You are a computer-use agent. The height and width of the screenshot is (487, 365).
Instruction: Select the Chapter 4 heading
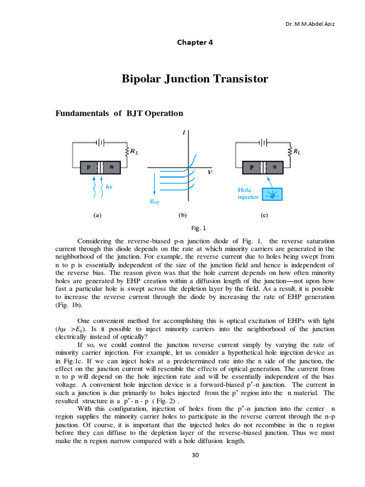[x=195, y=42]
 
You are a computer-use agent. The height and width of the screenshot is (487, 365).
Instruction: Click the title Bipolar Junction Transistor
[x=195, y=79]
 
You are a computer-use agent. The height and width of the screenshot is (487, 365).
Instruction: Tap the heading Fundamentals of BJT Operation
[x=119, y=114]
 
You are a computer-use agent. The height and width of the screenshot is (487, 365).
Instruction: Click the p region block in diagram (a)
[x=88, y=167]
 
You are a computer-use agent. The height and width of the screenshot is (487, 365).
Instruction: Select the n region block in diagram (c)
[x=275, y=167]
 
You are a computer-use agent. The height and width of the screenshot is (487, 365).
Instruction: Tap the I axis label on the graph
[x=183, y=133]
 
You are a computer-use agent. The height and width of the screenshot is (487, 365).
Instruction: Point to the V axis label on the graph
[x=210, y=173]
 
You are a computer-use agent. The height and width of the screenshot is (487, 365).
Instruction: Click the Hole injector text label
[x=248, y=193]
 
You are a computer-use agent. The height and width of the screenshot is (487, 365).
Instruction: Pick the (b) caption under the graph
[x=182, y=215]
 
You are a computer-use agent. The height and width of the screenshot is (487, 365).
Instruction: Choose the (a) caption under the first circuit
[x=96, y=215]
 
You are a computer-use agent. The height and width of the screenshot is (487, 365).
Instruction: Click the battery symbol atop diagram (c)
[x=263, y=142]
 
